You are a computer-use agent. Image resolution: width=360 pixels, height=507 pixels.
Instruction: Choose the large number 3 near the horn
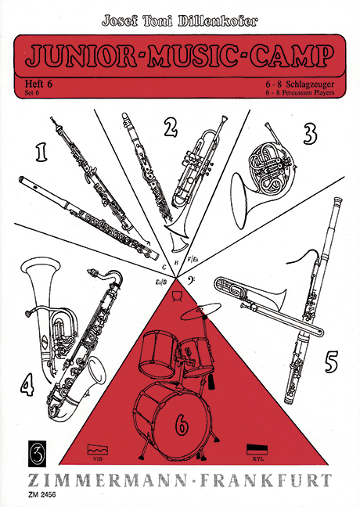[x=310, y=134]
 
